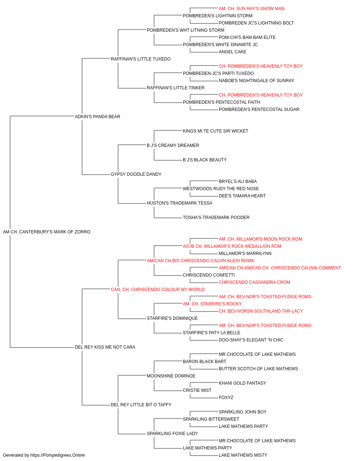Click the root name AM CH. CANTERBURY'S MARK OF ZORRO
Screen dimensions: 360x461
coord(46,232)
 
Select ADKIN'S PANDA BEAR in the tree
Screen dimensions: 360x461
coord(98,117)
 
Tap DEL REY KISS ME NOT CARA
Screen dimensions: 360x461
coord(105,347)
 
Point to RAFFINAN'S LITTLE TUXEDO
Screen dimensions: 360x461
coord(140,59)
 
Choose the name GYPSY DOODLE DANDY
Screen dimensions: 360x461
coord(136,174)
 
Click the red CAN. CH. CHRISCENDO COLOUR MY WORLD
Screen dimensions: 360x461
coord(158,290)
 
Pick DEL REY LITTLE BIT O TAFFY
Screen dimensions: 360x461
coord(141,405)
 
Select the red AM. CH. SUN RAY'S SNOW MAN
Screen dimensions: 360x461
coord(251,9)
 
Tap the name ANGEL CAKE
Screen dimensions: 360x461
coord(232,52)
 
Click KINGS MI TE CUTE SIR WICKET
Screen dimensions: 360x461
coord(215,131)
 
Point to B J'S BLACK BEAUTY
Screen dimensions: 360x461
coord(204,160)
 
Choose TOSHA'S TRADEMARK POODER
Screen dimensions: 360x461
coord(216,218)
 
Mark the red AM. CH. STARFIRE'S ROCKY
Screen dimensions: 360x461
coord(212,304)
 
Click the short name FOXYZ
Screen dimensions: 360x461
coord(226,398)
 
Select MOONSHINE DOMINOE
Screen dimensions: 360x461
coord(171,376)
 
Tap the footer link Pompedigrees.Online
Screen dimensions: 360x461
coord(57,455)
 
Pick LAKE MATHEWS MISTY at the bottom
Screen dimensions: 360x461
coord(243,455)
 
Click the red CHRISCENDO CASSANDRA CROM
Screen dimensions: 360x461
coord(255,282)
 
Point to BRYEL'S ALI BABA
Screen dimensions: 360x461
coord(238,182)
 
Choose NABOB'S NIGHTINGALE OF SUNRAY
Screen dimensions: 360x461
coord(257,81)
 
